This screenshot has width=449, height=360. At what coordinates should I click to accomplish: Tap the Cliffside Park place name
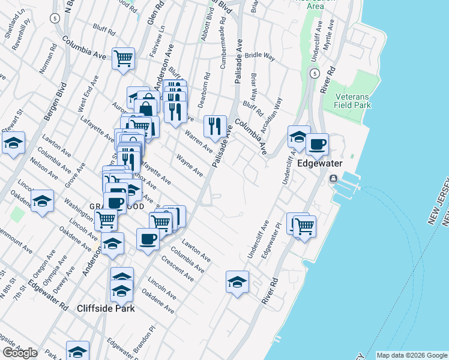(106, 308)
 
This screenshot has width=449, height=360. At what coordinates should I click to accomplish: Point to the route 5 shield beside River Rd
(314, 73)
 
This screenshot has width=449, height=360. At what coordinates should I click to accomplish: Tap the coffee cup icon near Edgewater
(317, 145)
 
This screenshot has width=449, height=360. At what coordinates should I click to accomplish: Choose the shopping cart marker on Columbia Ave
(123, 59)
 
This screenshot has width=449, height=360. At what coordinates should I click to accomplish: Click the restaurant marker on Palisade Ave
(215, 127)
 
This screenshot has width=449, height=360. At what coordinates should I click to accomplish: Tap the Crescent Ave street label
(181, 268)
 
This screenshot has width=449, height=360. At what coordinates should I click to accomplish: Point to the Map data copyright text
(410, 355)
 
